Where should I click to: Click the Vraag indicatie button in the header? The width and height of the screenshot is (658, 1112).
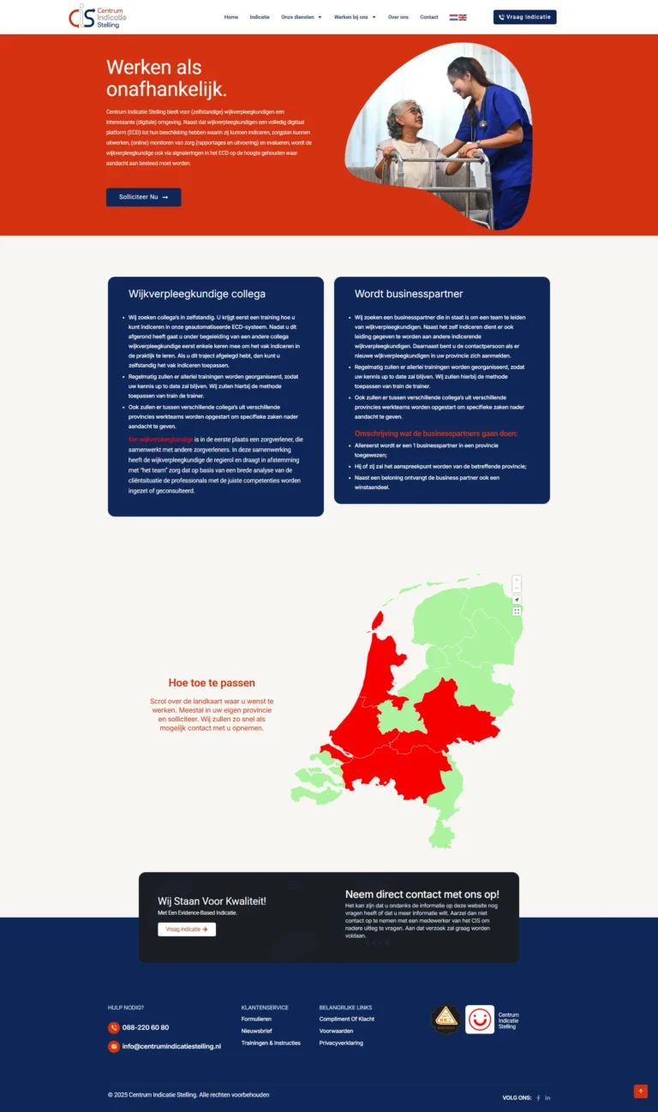pos(524,17)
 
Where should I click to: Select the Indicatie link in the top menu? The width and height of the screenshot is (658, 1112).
pos(260,17)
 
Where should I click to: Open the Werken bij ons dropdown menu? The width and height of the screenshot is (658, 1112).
pos(355,17)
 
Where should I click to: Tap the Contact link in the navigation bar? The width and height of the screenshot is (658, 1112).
pos(428,17)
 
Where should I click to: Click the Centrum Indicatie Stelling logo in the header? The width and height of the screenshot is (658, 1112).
pos(97,16)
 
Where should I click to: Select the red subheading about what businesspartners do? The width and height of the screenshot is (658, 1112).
pos(436,433)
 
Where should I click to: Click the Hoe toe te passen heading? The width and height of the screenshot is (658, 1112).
pos(212,683)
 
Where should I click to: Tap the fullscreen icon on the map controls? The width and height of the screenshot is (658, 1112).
pos(517,612)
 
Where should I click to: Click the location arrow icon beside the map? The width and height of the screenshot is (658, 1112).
pos(517,600)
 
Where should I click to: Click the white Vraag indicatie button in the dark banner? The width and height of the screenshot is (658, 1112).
pos(187,930)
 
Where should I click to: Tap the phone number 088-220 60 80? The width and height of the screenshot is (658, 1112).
pos(146,1027)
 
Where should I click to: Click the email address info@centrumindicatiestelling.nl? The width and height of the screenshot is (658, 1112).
pos(171,1046)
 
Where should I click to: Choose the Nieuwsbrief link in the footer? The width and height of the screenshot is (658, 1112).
pos(256,1031)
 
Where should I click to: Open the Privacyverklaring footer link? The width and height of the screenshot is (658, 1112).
pos(341,1043)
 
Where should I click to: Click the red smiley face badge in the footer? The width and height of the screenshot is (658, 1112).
pos(480,1019)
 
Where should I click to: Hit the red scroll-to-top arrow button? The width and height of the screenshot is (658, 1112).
pos(640,1091)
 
